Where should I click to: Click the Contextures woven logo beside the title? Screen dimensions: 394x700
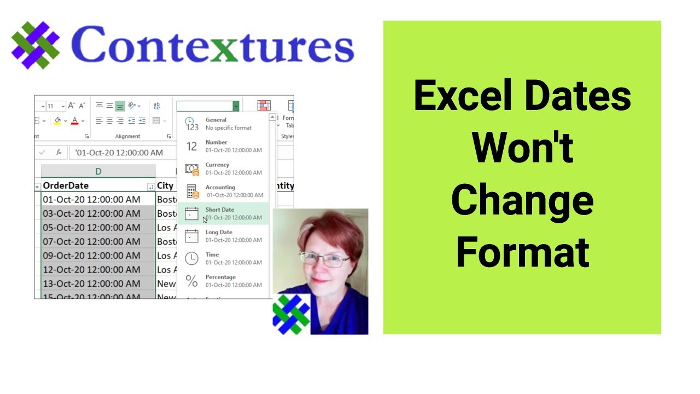point(35,45)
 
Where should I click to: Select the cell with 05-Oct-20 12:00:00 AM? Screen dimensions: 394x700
point(91,228)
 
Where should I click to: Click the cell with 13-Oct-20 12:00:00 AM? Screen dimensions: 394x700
point(91,283)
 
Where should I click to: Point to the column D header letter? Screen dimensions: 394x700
point(98,171)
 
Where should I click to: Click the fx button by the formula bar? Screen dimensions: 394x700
point(59,153)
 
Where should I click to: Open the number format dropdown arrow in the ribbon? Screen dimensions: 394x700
point(236,106)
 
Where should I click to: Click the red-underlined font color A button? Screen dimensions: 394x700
point(75,120)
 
